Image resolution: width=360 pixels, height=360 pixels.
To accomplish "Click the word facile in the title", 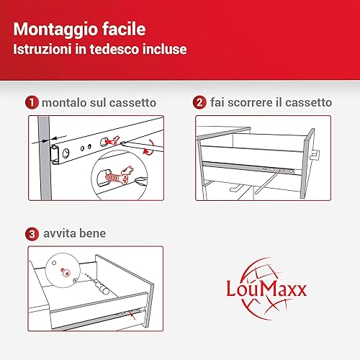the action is click(124, 29).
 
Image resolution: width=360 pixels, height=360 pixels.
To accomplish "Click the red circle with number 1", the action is click(32, 102).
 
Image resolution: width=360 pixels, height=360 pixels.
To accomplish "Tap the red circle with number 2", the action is click(199, 102).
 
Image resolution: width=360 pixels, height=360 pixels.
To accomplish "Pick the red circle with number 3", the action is click(32, 234).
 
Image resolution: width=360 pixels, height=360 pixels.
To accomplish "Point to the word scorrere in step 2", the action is click(250, 103).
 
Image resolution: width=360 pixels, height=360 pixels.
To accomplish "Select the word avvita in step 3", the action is click(59, 233).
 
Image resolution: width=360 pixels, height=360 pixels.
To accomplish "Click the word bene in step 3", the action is click(92, 233).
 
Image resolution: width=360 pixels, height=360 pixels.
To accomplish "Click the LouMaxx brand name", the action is click(266, 289).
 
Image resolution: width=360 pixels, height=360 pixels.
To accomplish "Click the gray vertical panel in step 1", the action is click(45, 158).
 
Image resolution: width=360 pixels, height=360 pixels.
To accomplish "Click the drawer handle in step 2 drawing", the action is click(315, 155).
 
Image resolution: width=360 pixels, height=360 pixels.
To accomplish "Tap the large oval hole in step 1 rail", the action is click(66, 153).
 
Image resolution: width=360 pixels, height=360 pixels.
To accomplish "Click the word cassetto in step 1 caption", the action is click(133, 103).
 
